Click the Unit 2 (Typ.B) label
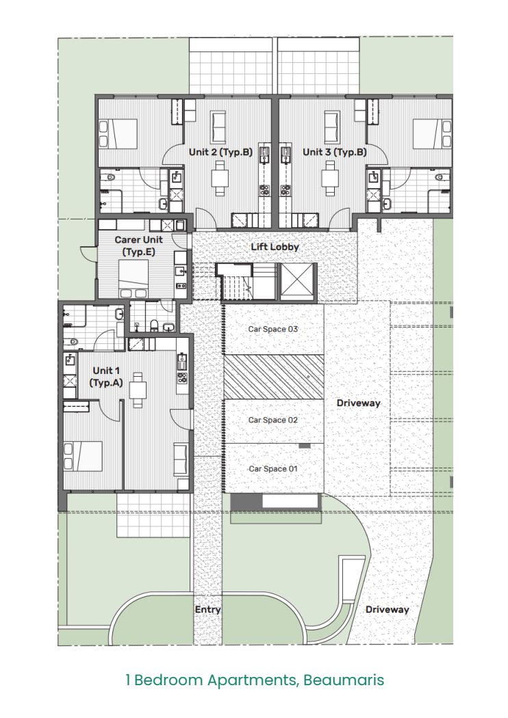coord(220,152)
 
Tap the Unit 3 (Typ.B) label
coord(335,152)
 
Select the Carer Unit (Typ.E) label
coord(138,245)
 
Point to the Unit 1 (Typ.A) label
coord(106,376)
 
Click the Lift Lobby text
coord(275,247)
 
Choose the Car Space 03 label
coord(273,329)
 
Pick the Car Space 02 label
coord(273,420)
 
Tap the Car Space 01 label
coord(273,468)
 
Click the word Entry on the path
coord(207,609)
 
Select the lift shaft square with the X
coord(299,282)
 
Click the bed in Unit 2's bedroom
coord(118,134)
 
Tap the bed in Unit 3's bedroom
coord(432,134)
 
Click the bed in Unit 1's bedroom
coord(83,456)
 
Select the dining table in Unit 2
coord(220,178)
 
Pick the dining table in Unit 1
coord(138,390)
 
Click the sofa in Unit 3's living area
coord(332,127)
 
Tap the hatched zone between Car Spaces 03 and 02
coord(274,376)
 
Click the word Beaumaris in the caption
coord(344,680)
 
